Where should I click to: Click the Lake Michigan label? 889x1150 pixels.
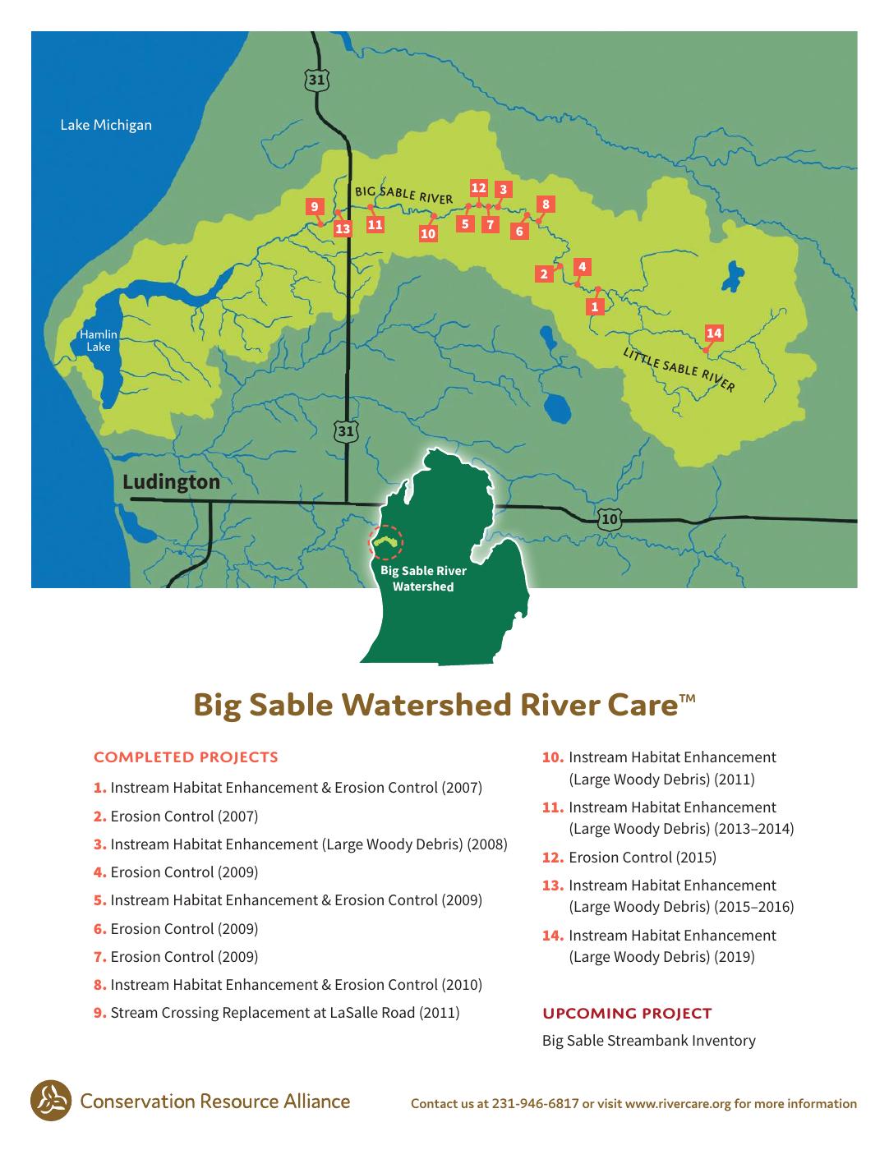click(x=106, y=125)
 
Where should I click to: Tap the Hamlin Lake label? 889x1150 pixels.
click(x=99, y=340)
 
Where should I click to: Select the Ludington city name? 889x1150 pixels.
click(x=171, y=481)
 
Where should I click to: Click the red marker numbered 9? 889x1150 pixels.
click(x=315, y=206)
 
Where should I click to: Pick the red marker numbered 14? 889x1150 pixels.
click(x=713, y=333)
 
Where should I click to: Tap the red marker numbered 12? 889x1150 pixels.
click(x=478, y=188)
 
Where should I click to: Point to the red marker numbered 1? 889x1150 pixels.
click(x=595, y=306)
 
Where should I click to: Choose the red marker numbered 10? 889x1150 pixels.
click(x=427, y=233)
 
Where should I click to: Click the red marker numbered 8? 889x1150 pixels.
click(x=546, y=204)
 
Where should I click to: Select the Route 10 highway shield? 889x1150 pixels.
click(x=610, y=518)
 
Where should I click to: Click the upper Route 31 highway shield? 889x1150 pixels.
click(x=316, y=80)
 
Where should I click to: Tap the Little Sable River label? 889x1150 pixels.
click(x=679, y=370)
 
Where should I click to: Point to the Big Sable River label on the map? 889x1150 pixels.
click(x=403, y=194)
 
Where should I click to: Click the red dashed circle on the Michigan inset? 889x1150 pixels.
click(x=386, y=542)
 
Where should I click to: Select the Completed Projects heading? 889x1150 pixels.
click(x=186, y=757)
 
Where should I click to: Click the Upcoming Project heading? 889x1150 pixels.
click(x=627, y=1013)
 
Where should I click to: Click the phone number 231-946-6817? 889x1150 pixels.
click(x=535, y=1103)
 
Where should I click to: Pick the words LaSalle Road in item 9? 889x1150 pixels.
click(x=372, y=1012)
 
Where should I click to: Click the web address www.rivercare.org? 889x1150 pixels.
click(x=678, y=1104)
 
